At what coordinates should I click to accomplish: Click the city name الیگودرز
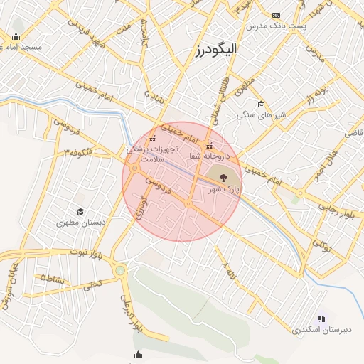(x=217, y=50)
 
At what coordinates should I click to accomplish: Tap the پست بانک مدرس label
(x=275, y=26)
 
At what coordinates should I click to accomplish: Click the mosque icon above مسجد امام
(x=16, y=37)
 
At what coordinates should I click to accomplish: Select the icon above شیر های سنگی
(x=261, y=105)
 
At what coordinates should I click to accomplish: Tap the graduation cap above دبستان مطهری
(x=80, y=212)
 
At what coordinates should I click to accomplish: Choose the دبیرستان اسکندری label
(x=321, y=330)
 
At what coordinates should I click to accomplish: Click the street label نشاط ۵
(x=52, y=278)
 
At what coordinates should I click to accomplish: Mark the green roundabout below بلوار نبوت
(x=120, y=269)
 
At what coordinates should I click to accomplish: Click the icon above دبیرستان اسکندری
(x=321, y=318)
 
